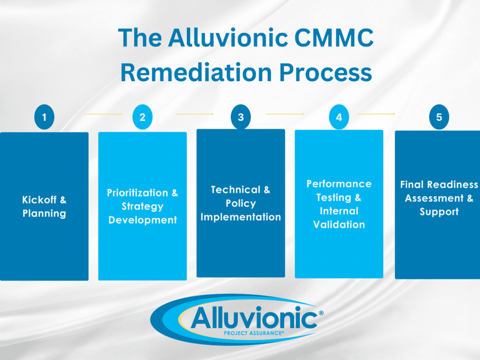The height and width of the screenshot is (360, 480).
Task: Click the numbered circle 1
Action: (45, 117)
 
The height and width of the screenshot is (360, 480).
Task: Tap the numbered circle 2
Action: (142, 117)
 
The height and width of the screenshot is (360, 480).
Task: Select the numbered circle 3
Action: (240, 117)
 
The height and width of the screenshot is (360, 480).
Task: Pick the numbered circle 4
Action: (339, 117)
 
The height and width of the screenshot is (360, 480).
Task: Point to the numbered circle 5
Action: (439, 117)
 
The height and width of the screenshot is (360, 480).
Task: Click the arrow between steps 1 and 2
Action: (104, 114)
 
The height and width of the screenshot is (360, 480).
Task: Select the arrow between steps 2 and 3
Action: (195, 114)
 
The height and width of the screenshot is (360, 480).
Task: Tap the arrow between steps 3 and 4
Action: (285, 114)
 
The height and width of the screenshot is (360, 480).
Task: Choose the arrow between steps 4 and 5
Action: (376, 114)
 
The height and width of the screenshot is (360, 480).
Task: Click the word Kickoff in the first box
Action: (39, 200)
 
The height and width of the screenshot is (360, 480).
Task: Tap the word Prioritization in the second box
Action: (137, 193)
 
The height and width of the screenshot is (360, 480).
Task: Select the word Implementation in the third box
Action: (240, 217)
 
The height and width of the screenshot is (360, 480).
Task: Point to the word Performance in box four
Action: (339, 184)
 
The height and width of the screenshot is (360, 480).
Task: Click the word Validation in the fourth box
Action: (339, 225)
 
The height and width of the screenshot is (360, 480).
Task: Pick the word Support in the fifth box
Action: (439, 211)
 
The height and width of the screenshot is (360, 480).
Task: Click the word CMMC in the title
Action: (334, 37)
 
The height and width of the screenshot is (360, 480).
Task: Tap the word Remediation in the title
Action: (196, 72)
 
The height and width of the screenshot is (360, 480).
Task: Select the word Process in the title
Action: (325, 72)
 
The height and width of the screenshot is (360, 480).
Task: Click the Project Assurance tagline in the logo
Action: (254, 333)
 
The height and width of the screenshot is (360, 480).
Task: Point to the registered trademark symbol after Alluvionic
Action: (321, 313)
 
